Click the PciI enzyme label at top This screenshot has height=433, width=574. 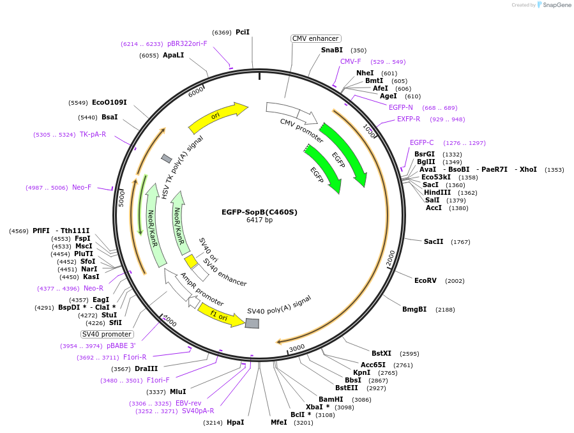pyautogui.click(x=242, y=32)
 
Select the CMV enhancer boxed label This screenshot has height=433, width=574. pyautogui.click(x=315, y=38)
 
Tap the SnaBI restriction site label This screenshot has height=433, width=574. pyautogui.click(x=332, y=50)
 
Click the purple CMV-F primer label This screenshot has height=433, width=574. pyautogui.click(x=351, y=62)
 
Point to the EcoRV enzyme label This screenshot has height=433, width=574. pyautogui.click(x=425, y=280)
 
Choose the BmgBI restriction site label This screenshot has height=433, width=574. pyautogui.click(x=414, y=309)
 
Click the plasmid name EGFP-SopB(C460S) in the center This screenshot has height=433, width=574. pyautogui.click(x=259, y=212)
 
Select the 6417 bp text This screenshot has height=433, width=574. pyautogui.click(x=259, y=220)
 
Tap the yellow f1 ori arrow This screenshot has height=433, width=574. pyautogui.click(x=221, y=315)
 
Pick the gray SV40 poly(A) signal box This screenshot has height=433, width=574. pyautogui.click(x=252, y=324)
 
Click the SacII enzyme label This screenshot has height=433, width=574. pyautogui.click(x=434, y=241)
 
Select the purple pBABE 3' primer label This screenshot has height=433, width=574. pyautogui.click(x=121, y=346)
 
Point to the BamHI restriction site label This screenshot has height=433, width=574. pyautogui.click(x=331, y=399)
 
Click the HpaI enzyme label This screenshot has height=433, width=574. pyautogui.click(x=235, y=422)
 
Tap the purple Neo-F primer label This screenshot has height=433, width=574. pyautogui.click(x=82, y=187)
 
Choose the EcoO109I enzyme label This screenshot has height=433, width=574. pyautogui.click(x=109, y=102)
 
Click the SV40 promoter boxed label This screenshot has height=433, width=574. pyautogui.click(x=107, y=334)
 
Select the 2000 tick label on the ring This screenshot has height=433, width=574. pyautogui.click(x=390, y=257)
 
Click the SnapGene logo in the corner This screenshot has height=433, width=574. pyautogui.click(x=554, y=5)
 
